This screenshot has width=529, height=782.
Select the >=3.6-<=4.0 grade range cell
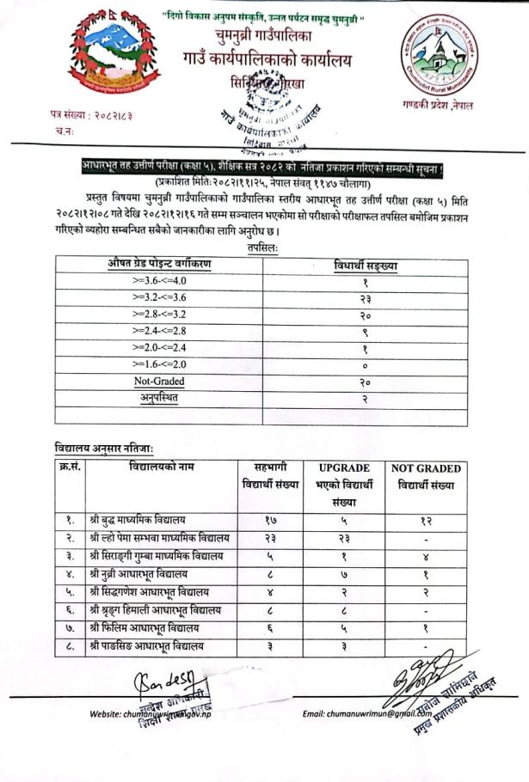click(159, 280)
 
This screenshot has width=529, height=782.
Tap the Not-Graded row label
click(159, 381)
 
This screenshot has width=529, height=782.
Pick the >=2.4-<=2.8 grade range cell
click(159, 330)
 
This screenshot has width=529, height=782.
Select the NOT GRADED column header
click(426, 468)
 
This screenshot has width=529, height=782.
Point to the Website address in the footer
click(151, 714)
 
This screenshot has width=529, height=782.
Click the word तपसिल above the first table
click(262, 247)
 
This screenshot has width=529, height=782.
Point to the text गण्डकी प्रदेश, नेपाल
click(442, 105)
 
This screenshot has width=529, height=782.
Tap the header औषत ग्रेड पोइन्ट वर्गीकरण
click(159, 263)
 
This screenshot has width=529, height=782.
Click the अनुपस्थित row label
click(159, 398)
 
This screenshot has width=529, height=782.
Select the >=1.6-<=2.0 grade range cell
click(159, 364)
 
